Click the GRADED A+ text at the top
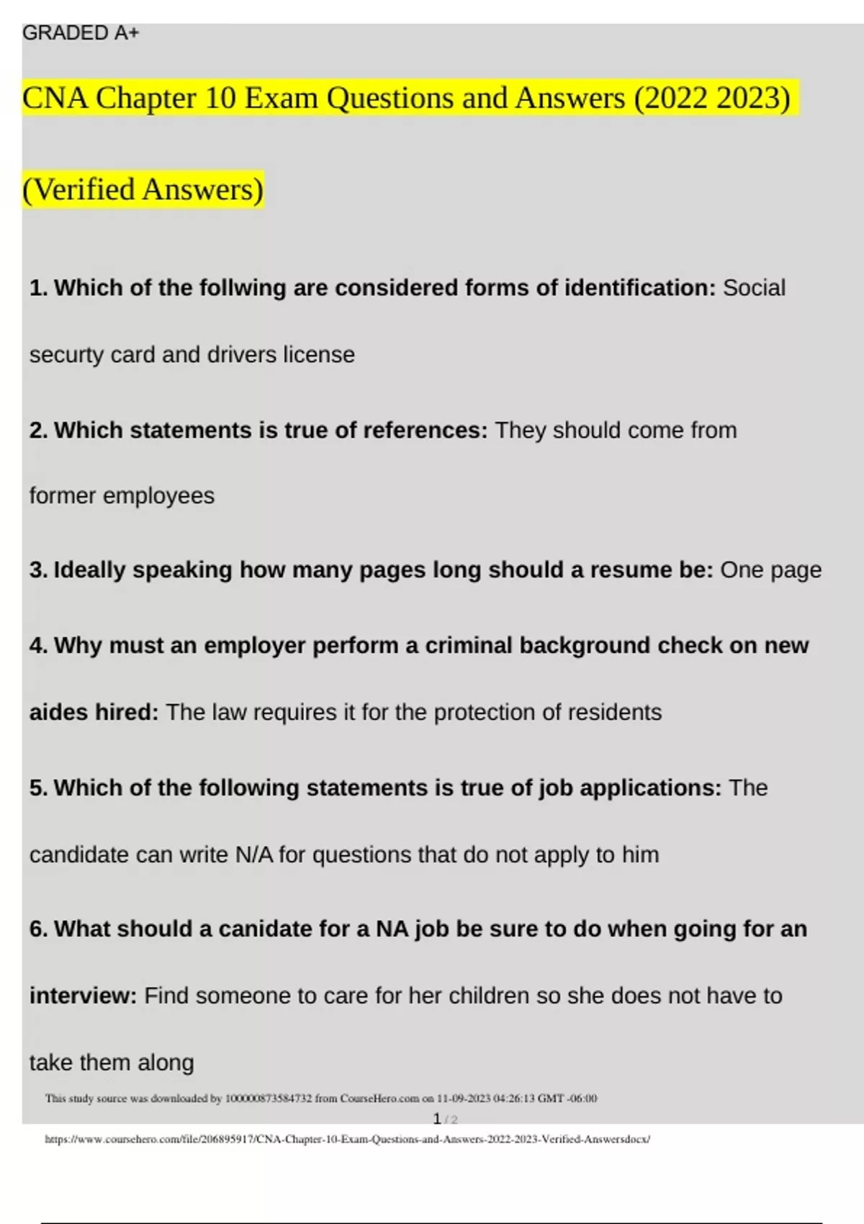coord(81,33)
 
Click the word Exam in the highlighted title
coord(281,99)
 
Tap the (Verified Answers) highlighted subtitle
coord(143,190)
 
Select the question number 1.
coord(37,288)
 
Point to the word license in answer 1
coord(318,355)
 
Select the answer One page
coord(770,570)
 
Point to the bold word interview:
coord(83,996)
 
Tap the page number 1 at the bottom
coord(437,1120)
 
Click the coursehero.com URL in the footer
coord(347,1140)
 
